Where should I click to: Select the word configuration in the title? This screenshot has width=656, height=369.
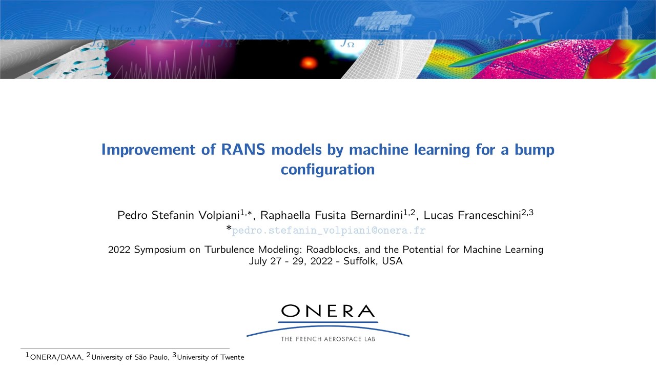tap(327, 170)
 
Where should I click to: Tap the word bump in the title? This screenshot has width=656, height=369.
tap(534, 150)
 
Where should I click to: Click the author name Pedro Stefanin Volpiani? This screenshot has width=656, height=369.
tap(179, 215)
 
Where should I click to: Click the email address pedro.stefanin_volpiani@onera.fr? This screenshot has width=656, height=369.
tap(329, 231)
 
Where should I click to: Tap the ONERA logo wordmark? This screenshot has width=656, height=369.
tap(328, 311)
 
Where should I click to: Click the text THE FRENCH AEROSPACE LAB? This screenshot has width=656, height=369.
tap(328, 339)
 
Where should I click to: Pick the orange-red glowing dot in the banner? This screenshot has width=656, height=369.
tap(309, 63)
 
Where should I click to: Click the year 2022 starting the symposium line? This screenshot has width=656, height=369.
tap(119, 250)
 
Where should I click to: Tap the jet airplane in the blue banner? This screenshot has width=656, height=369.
tap(530, 20)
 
